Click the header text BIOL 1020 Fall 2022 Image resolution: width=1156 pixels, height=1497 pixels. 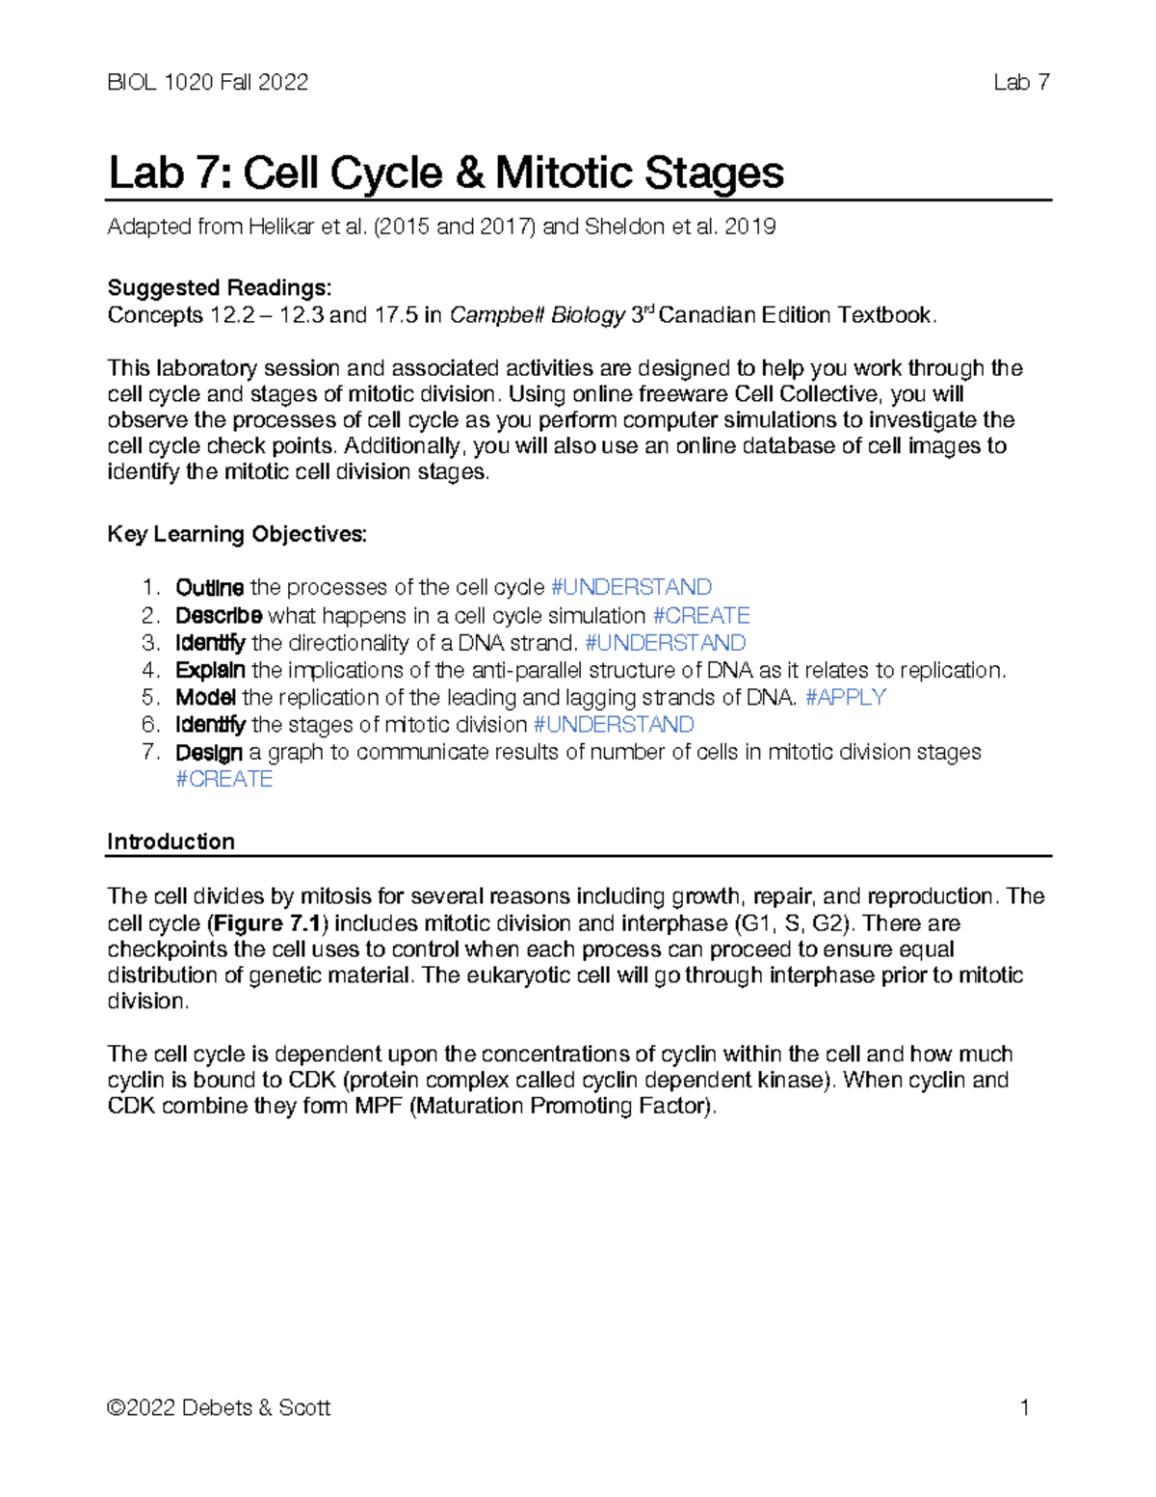tap(208, 83)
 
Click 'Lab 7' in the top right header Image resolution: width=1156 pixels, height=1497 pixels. tap(1021, 83)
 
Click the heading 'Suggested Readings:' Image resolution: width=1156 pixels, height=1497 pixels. tap(220, 288)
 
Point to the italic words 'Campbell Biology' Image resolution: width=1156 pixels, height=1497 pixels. tap(539, 315)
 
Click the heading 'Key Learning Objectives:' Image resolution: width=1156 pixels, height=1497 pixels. tap(237, 534)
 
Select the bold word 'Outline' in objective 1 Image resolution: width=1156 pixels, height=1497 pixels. tap(209, 588)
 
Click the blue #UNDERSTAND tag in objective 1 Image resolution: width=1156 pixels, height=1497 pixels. tap(631, 588)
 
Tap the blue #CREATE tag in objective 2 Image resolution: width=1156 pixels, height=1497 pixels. tap(701, 615)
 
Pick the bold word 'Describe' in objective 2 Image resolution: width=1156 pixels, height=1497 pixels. tap(219, 615)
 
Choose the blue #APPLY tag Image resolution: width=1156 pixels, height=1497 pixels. tap(845, 697)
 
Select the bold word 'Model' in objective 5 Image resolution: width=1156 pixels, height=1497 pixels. tap(205, 697)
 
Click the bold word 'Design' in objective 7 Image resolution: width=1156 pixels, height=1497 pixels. tap(209, 752)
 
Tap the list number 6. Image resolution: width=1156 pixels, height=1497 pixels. tap(149, 725)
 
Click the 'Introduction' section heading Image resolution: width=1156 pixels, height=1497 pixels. tap(171, 842)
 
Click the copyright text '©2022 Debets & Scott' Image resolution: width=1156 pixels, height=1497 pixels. tap(220, 1408)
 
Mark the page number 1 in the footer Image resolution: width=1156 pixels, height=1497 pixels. tap(1025, 1408)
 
